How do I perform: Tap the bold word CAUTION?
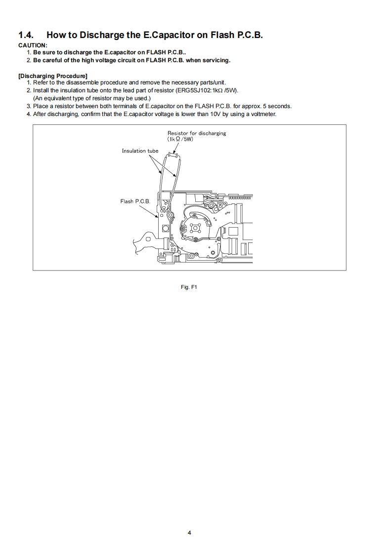tap(33, 45)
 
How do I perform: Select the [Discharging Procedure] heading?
tap(53, 76)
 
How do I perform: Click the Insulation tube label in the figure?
tap(140, 151)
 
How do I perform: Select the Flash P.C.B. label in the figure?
tap(135, 201)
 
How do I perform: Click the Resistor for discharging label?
tap(196, 133)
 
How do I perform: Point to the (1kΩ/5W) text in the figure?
tap(180, 139)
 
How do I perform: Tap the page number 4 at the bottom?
tap(189, 533)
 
